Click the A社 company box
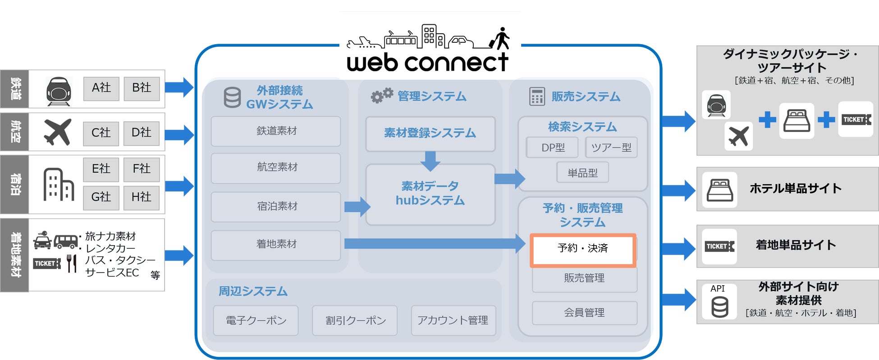point(101,88)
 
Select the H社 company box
point(141,197)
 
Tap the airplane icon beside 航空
point(58,132)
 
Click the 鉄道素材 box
point(276,131)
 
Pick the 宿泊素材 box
point(276,206)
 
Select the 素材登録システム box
point(430,133)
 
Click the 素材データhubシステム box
point(430,194)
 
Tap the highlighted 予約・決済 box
point(582,249)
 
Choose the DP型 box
point(552,148)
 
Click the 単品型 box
point(582,173)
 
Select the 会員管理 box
point(584,313)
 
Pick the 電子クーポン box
point(256,320)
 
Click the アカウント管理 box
point(453,320)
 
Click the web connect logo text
point(427,63)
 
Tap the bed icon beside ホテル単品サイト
point(720,190)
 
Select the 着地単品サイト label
point(796,245)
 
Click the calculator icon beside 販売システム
point(536,96)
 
